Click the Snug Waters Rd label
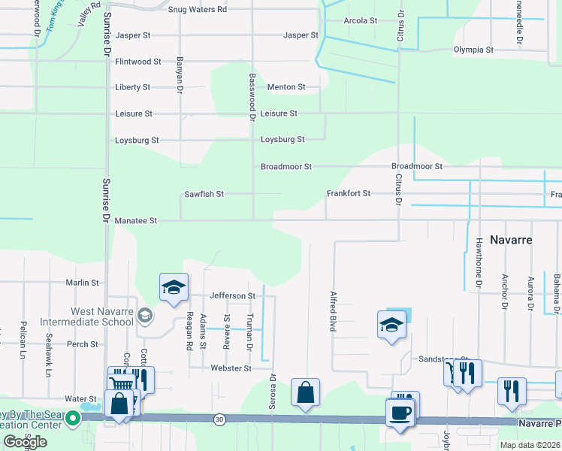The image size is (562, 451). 198,9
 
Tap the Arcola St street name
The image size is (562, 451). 360,20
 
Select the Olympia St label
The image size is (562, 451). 473,50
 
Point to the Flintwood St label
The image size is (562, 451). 138,62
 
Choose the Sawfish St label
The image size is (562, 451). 204,194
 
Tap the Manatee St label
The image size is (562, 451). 136,221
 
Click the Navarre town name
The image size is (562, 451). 511,240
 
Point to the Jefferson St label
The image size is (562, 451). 233,296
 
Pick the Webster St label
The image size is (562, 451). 231,368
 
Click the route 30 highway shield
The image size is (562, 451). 219,418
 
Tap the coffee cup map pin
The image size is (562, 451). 400,413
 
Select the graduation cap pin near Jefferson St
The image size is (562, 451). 173,287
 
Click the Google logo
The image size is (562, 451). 25,442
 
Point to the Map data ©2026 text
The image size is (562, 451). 527,445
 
